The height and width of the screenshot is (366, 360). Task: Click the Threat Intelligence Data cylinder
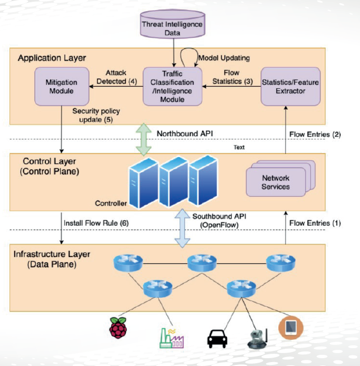coord(172,25)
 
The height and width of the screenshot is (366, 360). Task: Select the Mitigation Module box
coord(61,87)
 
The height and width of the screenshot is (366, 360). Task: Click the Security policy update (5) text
coord(96,115)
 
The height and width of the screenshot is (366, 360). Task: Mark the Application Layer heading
coord(50,58)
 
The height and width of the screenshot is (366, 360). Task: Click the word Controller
coord(110,203)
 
